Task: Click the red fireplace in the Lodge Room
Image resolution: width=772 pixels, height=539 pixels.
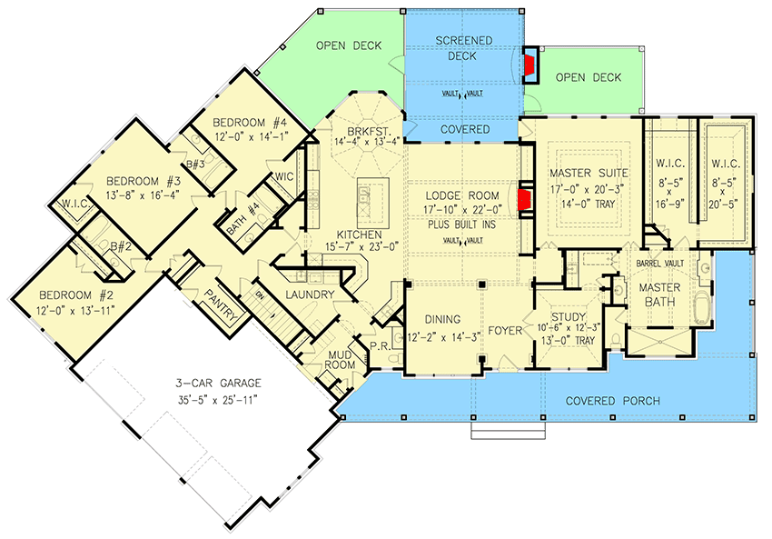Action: pyautogui.click(x=524, y=199)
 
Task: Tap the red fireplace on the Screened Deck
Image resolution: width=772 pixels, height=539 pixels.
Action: pyautogui.click(x=530, y=64)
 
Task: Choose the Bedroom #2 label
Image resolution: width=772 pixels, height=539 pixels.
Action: pyautogui.click(x=68, y=295)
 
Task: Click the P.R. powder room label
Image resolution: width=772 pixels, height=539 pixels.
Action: pyautogui.click(x=380, y=346)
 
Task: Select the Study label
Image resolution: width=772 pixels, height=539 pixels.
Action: pyautogui.click(x=565, y=317)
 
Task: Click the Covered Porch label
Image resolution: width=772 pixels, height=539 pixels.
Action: pyautogui.click(x=611, y=401)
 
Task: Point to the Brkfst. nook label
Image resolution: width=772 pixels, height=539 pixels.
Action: pyautogui.click(x=358, y=129)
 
